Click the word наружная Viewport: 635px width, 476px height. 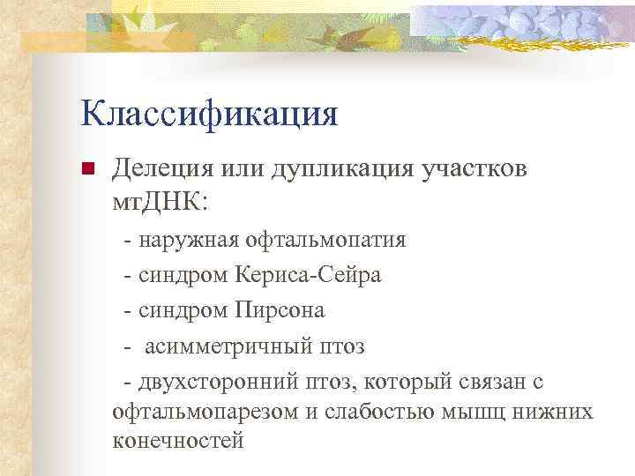187,240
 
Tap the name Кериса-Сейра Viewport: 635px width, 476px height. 309,275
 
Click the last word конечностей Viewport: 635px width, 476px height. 178,441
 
